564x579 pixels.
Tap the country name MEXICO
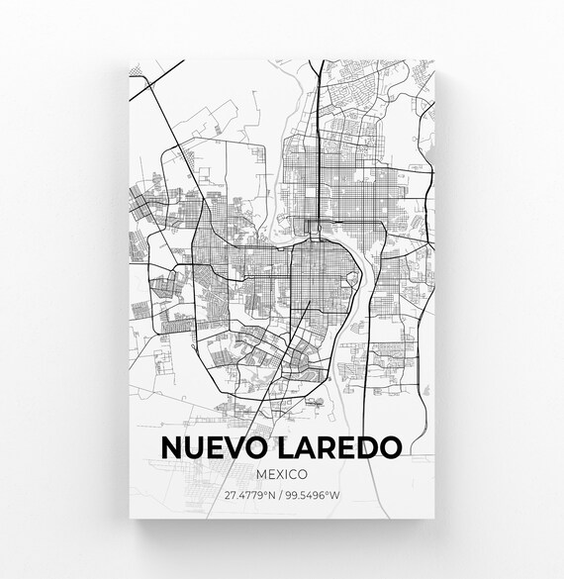click(x=282, y=475)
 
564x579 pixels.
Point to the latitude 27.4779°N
click(x=248, y=495)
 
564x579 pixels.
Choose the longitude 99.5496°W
click(x=313, y=495)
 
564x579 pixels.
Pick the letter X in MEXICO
click(x=281, y=475)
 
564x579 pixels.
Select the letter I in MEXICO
click(x=289, y=475)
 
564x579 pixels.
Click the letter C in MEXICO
click(x=296, y=475)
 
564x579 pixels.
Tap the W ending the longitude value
click(x=334, y=495)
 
